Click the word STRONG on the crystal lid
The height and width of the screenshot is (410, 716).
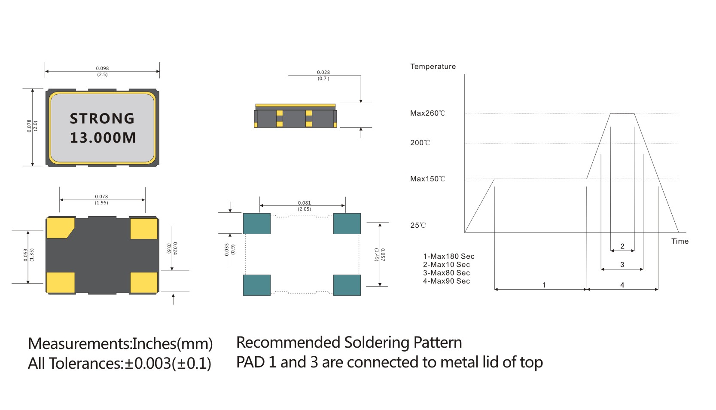[102, 119]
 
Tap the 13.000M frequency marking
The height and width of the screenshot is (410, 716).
[103, 138]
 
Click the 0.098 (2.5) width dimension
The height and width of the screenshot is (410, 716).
[102, 71]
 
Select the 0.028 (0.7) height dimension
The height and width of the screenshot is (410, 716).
[323, 76]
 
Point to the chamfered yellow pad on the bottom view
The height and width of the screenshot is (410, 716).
[60, 228]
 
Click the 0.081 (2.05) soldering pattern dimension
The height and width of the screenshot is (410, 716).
[304, 206]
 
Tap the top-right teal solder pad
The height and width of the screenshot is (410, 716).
[347, 223]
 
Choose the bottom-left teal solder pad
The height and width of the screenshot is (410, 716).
[257, 285]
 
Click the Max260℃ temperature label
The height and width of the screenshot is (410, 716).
[427, 113]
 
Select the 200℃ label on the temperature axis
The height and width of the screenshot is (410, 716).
[420, 143]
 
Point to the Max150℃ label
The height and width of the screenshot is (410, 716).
[427, 179]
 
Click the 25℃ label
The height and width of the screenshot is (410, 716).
[418, 226]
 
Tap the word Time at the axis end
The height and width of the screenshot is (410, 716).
[680, 242]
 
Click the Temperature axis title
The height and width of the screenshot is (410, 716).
[433, 67]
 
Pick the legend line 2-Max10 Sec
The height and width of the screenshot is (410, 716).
[446, 265]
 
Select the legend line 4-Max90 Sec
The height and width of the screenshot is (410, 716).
[446, 281]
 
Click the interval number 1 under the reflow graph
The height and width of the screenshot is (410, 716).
[544, 285]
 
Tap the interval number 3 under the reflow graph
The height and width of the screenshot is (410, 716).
[622, 265]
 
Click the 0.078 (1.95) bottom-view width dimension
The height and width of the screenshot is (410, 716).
[101, 199]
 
